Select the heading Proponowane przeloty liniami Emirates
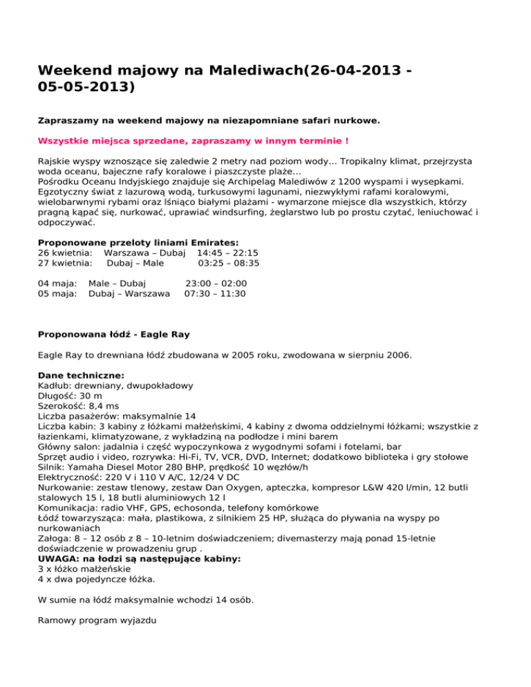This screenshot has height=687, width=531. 138,243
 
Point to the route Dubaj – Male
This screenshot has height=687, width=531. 135,263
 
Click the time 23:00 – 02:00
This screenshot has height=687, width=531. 216,283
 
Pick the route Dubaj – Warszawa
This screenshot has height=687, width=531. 129,294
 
